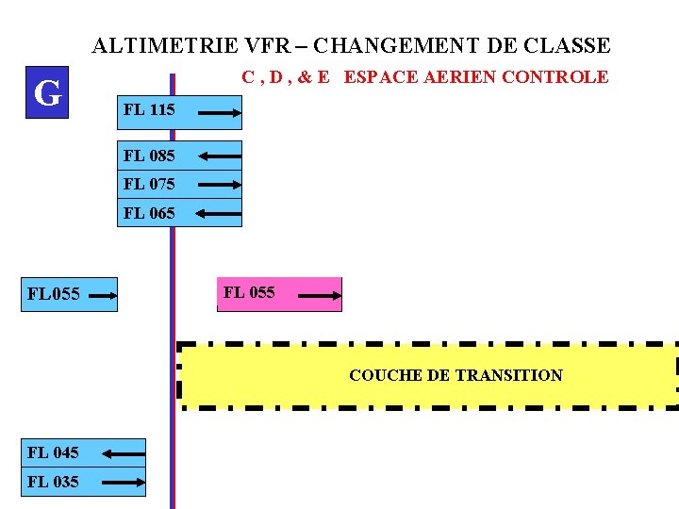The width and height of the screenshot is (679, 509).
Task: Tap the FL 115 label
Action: [x=149, y=110]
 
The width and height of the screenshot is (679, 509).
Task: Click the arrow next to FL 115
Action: [x=221, y=113]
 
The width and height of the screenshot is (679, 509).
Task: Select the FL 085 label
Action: [x=149, y=156]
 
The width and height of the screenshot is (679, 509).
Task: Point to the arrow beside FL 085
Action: [x=221, y=156]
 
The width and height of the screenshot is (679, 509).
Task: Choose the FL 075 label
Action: [x=149, y=184]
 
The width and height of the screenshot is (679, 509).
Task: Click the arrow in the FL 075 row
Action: [x=221, y=186]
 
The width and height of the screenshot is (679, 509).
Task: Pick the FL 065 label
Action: [x=149, y=214]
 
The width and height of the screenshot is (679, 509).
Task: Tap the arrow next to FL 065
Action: [x=221, y=215]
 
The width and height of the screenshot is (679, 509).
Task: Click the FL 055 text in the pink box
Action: [x=249, y=292]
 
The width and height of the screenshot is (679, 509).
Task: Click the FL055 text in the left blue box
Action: [x=54, y=294]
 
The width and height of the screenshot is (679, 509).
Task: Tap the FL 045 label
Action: [x=54, y=452]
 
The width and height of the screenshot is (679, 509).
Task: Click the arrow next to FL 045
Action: [x=123, y=454]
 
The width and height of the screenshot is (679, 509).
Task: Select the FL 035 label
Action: [x=54, y=482]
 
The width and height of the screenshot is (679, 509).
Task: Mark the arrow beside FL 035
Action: [x=123, y=483]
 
